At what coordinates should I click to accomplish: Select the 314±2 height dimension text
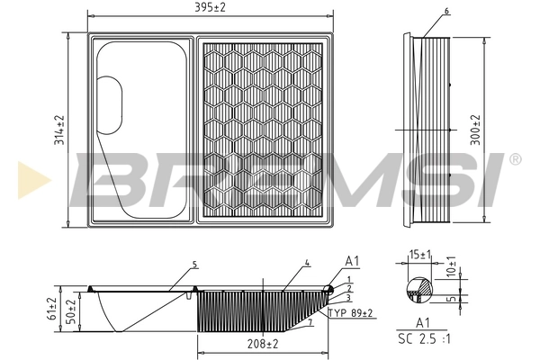coord(58,131)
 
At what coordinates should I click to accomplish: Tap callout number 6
coord(445,11)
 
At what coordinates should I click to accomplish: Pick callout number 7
coord(310,321)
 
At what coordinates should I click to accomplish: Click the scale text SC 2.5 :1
coord(426,339)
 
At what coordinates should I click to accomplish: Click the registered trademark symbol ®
coord(514,159)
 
